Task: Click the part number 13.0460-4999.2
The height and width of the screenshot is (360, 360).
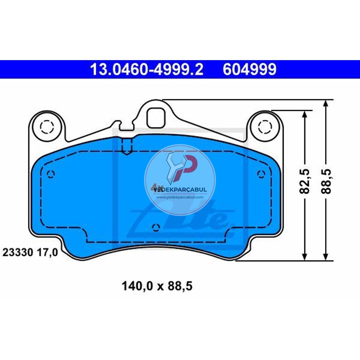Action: [147, 69]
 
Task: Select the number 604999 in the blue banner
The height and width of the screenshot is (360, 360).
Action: [249, 69]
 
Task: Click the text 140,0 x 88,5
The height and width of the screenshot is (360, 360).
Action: [157, 286]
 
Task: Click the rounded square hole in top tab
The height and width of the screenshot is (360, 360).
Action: [156, 116]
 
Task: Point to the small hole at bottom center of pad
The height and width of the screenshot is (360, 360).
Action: [156, 227]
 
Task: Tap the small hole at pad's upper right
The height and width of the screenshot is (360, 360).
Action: [261, 174]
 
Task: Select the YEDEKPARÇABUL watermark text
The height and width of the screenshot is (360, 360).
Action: [180, 189]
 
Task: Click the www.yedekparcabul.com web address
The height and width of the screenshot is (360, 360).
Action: [180, 197]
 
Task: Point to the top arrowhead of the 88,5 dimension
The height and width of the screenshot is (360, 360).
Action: [326, 103]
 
